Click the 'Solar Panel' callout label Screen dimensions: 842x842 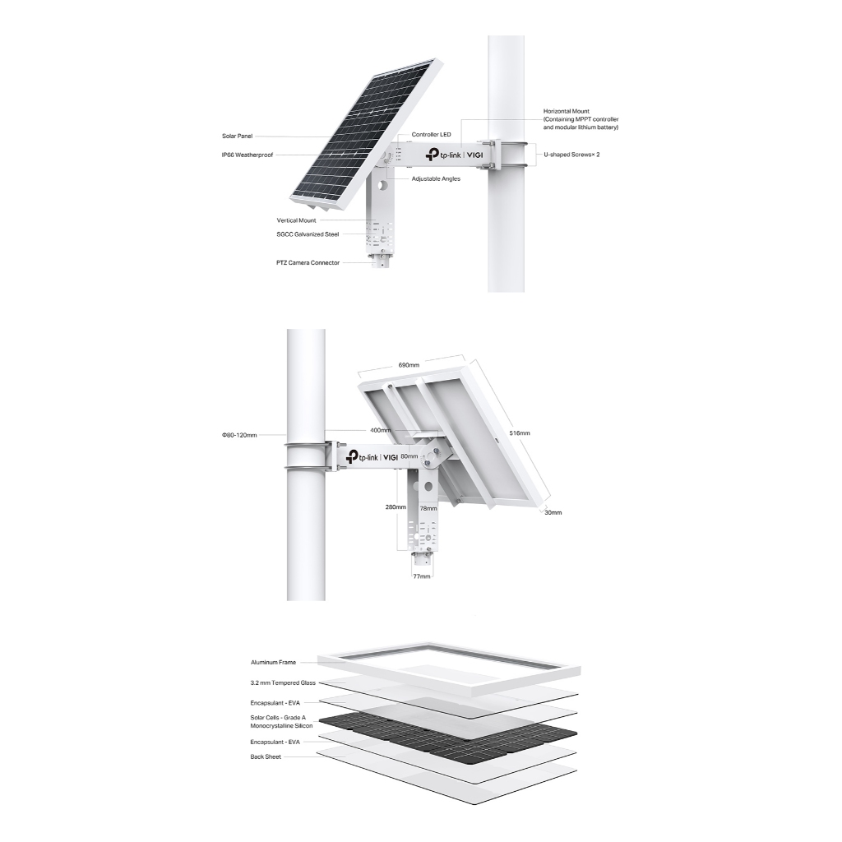coord(237,136)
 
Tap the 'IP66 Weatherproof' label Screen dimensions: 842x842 coord(247,155)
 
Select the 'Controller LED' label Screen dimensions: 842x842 coord(431,134)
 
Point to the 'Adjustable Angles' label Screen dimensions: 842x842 coord(436,178)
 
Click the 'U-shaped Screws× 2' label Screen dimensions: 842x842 coord(571,155)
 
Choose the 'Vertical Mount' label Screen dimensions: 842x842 coord(296,220)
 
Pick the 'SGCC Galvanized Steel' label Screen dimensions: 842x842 coord(308,234)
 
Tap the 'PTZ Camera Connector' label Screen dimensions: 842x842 coord(308,262)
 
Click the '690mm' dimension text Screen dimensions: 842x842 coord(409,365)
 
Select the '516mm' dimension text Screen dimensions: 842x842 coord(520,433)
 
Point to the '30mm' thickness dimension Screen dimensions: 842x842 coord(553,512)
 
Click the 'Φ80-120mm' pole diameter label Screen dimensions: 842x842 coord(239,435)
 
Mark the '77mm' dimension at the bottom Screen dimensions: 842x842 coord(422,576)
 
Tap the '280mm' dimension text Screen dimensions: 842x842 coord(396,507)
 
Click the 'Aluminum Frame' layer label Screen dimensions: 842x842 coord(273,662)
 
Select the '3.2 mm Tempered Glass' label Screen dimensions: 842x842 coord(283,682)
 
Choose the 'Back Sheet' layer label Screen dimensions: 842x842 coord(266,756)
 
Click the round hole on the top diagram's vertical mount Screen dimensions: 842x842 coord(382,186)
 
